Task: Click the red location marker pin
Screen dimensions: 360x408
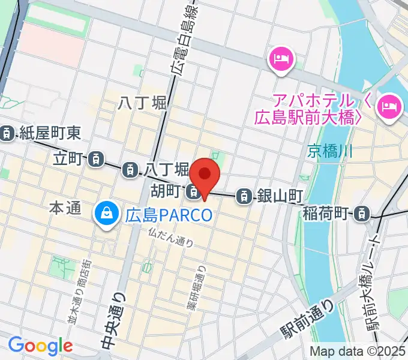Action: tap(205, 176)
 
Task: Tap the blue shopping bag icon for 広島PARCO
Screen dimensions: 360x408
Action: tap(106, 213)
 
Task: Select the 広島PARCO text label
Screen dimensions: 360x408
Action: tap(169, 214)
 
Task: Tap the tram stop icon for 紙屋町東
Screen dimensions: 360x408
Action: tap(7, 133)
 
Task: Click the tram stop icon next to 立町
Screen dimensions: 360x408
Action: tap(95, 159)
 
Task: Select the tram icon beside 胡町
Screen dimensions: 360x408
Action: tap(193, 192)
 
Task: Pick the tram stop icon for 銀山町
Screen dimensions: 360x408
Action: tap(244, 195)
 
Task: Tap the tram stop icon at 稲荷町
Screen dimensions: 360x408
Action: tap(362, 212)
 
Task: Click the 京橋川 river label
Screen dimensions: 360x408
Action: tap(331, 151)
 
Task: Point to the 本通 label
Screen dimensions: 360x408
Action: tap(64, 209)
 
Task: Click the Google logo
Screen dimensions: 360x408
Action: tap(40, 346)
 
